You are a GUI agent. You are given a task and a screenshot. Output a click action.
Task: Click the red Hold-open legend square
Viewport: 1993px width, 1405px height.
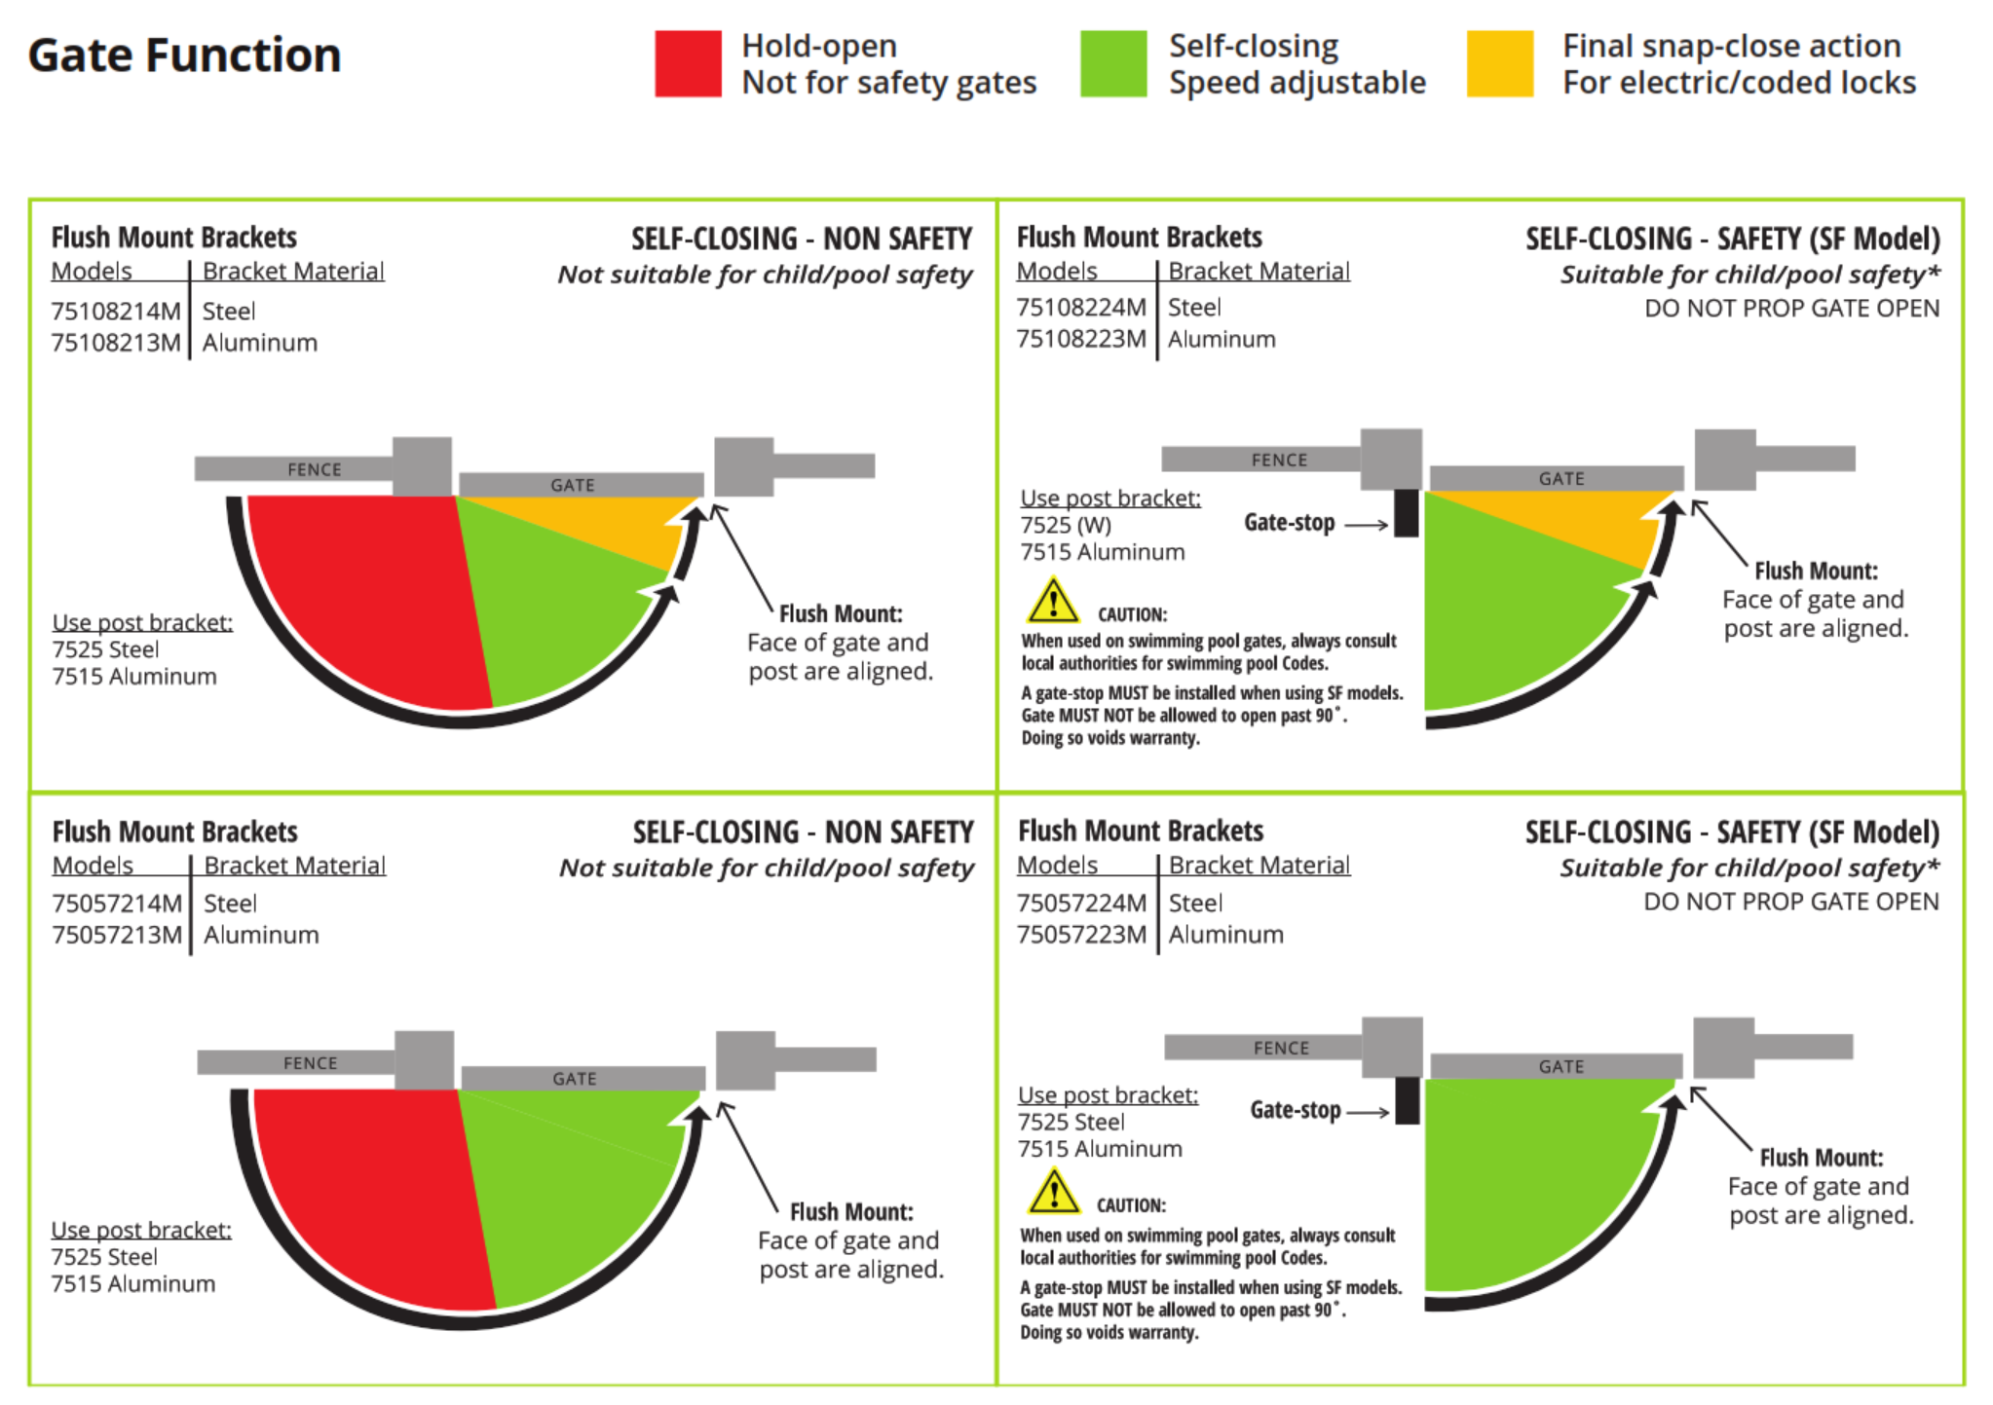(x=688, y=64)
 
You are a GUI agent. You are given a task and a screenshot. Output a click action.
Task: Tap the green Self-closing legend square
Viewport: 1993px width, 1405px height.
(x=1112, y=64)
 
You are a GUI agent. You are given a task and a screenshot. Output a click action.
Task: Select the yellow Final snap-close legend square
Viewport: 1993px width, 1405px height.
(x=1499, y=64)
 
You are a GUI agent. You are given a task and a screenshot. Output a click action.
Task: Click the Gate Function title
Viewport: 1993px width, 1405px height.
(x=184, y=55)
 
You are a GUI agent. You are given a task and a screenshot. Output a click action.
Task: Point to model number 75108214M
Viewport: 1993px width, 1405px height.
(x=116, y=312)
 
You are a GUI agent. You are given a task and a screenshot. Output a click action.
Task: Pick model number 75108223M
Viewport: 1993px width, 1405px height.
(x=1080, y=339)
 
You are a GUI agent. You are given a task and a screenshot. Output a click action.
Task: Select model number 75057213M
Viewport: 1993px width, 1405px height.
(x=117, y=935)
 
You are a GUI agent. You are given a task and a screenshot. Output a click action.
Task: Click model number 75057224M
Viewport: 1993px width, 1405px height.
(x=1081, y=904)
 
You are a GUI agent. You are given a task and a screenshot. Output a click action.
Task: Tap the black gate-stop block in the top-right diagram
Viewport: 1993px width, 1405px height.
(x=1406, y=512)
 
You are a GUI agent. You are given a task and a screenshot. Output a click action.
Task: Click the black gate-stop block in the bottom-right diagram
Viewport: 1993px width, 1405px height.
(x=1407, y=1100)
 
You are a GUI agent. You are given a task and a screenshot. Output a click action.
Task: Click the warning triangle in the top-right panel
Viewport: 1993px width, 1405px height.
(x=1052, y=602)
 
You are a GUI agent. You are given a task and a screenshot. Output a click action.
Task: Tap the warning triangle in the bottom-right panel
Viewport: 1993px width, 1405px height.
(x=1053, y=1192)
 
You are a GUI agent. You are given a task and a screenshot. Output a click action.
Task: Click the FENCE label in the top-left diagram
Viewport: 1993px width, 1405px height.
(x=314, y=469)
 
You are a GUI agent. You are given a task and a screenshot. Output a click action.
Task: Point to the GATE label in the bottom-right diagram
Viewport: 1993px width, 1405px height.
(x=1561, y=1067)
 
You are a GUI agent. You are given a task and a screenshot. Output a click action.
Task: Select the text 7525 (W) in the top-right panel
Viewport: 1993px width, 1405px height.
(x=1066, y=526)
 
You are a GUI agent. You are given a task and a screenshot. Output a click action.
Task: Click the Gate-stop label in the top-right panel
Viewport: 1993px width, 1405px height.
(x=1289, y=523)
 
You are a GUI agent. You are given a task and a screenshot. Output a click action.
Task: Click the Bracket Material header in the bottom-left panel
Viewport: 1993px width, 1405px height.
(x=294, y=866)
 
